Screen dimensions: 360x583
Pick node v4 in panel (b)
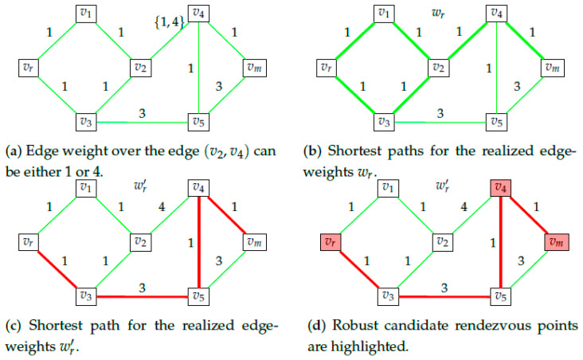[498, 13]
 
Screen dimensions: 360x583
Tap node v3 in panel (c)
[86, 296]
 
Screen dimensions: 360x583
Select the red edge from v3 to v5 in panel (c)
[141, 297]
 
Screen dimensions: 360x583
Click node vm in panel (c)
[251, 241]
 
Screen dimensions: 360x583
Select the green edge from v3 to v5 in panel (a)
[141, 122]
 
